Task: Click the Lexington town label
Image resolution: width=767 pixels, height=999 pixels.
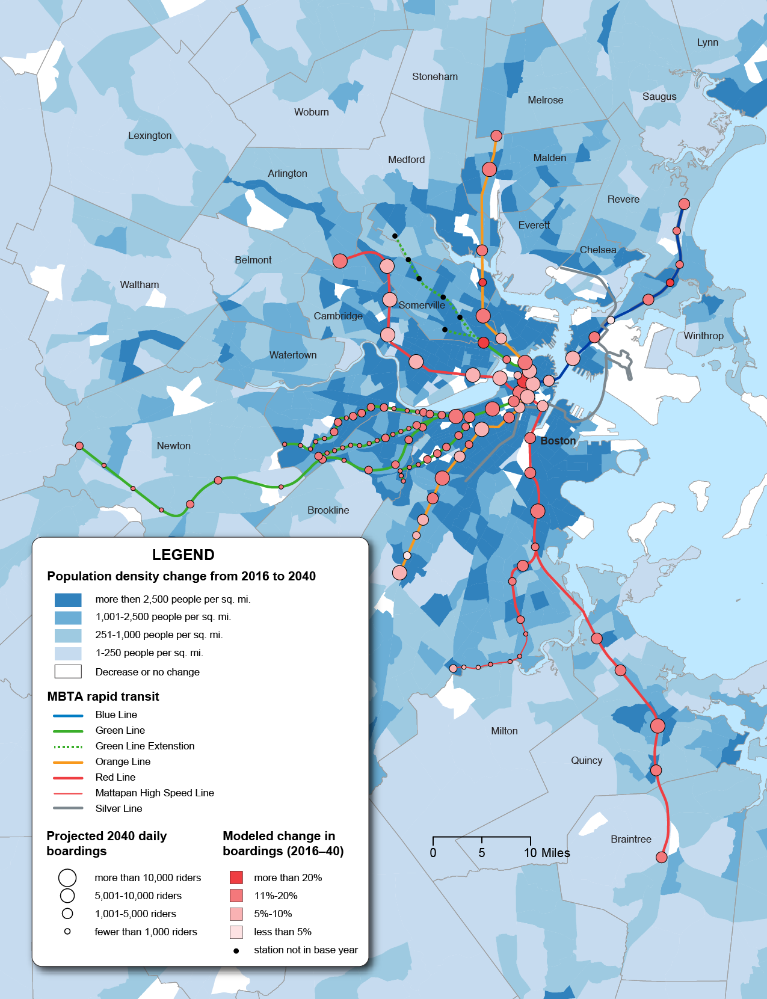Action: pos(150,135)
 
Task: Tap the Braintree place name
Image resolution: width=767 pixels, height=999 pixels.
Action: pos(630,839)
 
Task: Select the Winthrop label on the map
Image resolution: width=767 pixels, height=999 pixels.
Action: pos(703,336)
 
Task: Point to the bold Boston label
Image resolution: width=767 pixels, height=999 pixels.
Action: pos(558,441)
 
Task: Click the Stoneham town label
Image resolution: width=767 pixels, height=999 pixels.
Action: pos(434,76)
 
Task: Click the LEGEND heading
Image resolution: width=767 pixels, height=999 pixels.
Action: pos(183,555)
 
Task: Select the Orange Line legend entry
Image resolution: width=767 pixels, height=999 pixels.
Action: pos(123,761)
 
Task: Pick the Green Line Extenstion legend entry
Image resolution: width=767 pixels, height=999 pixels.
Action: pos(144,746)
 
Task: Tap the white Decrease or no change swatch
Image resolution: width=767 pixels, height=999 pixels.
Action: pos(68,671)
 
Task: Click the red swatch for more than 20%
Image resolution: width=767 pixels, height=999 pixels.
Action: pos(236,878)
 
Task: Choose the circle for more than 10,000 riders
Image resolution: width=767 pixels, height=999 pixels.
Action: pos(67,878)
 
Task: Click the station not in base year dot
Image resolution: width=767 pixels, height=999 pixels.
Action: pos(236,950)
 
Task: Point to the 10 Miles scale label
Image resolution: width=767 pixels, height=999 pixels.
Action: pos(546,853)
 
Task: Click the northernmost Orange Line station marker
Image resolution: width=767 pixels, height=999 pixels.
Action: pos(496,136)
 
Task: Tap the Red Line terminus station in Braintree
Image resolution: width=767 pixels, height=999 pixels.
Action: pos(661,857)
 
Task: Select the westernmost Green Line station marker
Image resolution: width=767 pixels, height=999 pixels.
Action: pos(79,446)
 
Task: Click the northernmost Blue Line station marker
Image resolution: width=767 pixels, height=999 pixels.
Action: pos(684,204)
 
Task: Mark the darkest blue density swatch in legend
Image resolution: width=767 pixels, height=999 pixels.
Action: pos(68,600)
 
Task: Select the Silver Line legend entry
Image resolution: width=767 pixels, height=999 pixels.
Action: pos(119,808)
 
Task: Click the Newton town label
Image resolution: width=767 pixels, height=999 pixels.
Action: pos(173,446)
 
